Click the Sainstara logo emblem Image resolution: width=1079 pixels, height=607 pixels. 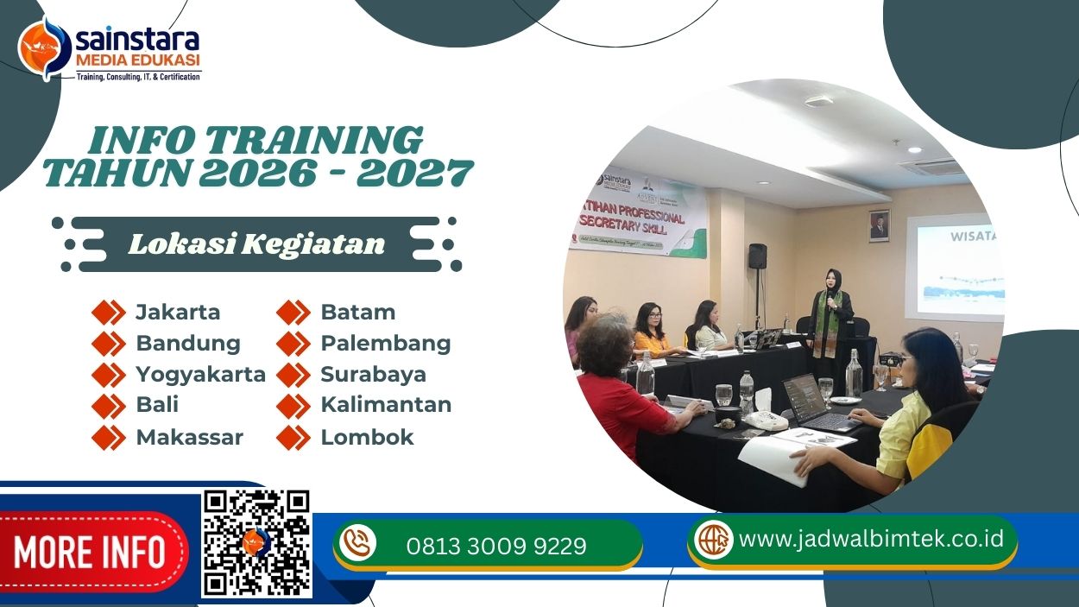(x=44, y=48)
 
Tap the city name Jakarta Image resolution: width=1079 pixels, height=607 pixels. (x=178, y=312)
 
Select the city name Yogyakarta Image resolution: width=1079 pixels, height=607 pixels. (x=200, y=374)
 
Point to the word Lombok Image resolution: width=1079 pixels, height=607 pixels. (x=367, y=437)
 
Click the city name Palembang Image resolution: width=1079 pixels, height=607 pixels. (x=385, y=343)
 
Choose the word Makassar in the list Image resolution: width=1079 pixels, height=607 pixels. (x=189, y=437)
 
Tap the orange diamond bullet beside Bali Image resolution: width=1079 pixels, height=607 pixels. (x=109, y=405)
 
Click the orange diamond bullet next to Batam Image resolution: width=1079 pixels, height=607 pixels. (x=293, y=312)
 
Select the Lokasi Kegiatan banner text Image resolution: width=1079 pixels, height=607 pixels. (x=256, y=244)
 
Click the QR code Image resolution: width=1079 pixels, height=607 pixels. (x=256, y=543)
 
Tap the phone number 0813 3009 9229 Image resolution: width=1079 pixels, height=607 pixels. (x=496, y=546)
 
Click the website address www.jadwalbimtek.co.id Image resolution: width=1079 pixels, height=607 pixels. (x=872, y=539)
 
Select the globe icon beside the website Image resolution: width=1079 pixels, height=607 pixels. (x=714, y=540)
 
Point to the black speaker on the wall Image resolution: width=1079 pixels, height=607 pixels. (x=757, y=256)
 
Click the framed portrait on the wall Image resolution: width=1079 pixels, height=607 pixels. (x=879, y=224)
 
